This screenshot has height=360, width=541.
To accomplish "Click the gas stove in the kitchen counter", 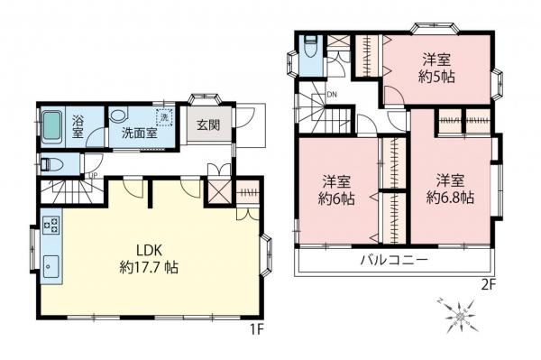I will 49,225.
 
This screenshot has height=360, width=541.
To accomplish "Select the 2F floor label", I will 490,283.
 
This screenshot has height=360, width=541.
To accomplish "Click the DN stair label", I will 331,93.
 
